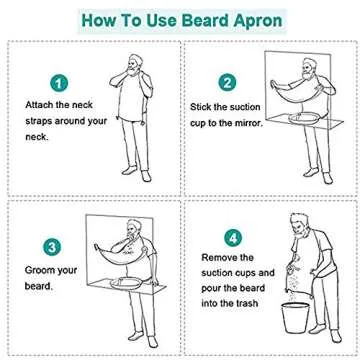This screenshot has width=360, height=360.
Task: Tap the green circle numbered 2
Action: [228, 82]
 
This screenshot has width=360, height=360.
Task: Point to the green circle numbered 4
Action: [234, 238]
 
